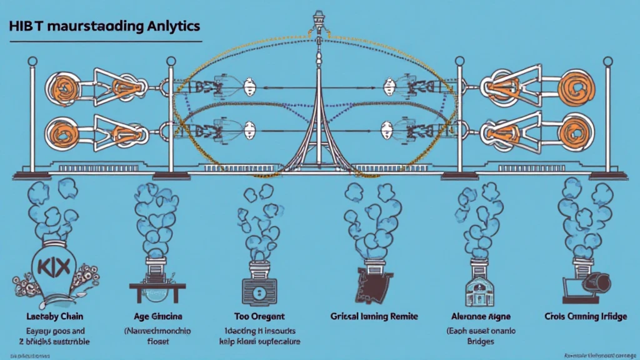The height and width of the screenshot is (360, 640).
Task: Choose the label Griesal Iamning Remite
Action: point(374,317)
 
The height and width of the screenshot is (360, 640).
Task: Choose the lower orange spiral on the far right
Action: point(574,132)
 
